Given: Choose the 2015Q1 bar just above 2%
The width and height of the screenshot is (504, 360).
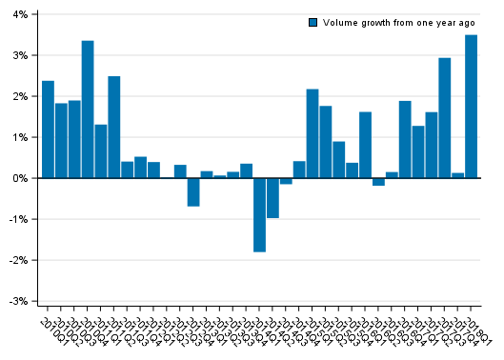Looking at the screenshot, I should click(312, 133).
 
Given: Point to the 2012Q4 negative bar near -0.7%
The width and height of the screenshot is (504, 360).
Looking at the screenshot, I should click(193, 191).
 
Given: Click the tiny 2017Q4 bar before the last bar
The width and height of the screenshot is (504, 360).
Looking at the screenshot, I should click(457, 175).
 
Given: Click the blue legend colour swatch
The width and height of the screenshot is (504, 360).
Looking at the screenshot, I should click(312, 22).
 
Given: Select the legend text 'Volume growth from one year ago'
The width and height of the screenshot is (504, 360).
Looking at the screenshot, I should click(399, 22).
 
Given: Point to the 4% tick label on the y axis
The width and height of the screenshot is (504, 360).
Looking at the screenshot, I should click(19, 14).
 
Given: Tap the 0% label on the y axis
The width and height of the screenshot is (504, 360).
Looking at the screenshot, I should click(19, 178).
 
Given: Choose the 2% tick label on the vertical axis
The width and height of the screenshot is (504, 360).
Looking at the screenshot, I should click(19, 96).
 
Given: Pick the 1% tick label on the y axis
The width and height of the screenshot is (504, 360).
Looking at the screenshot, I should click(19, 137).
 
